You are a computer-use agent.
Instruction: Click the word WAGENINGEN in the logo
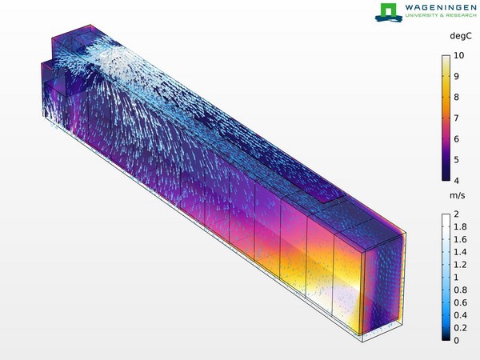tap(441, 7)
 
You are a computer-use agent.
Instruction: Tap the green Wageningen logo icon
tap(389, 13)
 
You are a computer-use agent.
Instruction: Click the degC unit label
tap(461, 36)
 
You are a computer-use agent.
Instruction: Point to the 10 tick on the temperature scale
tap(459, 55)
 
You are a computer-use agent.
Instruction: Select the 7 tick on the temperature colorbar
tap(457, 118)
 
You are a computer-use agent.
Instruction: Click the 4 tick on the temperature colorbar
tap(457, 180)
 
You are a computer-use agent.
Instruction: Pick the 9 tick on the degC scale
tap(457, 76)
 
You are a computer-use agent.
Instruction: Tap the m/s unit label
tap(458, 196)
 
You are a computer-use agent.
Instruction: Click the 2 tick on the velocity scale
tap(457, 214)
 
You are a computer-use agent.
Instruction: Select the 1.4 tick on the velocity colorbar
tap(460, 252)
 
